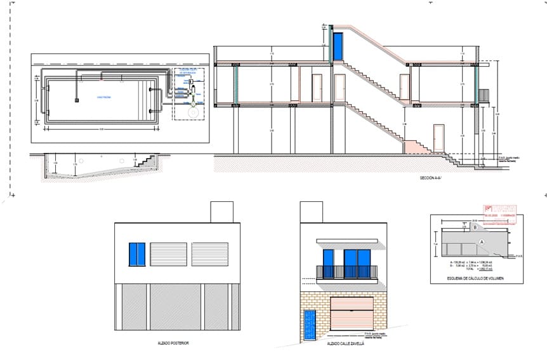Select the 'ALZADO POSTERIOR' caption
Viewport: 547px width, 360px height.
173,343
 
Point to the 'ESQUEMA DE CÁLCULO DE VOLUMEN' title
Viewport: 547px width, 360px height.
475,278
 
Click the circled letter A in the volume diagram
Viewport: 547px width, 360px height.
482,242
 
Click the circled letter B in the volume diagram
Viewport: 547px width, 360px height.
475,227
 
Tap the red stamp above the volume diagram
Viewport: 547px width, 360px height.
499,211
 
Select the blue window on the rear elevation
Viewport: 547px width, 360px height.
137,254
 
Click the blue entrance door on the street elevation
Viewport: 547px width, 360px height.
309,324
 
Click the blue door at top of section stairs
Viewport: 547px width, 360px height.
338,46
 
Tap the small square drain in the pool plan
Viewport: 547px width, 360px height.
77,99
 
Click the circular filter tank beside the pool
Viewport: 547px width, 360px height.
189,110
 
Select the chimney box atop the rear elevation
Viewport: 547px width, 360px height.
221,213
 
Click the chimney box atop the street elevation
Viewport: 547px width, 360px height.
312,213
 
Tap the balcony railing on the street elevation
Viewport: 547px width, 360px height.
347,272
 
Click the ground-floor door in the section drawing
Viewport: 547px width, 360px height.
438,138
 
